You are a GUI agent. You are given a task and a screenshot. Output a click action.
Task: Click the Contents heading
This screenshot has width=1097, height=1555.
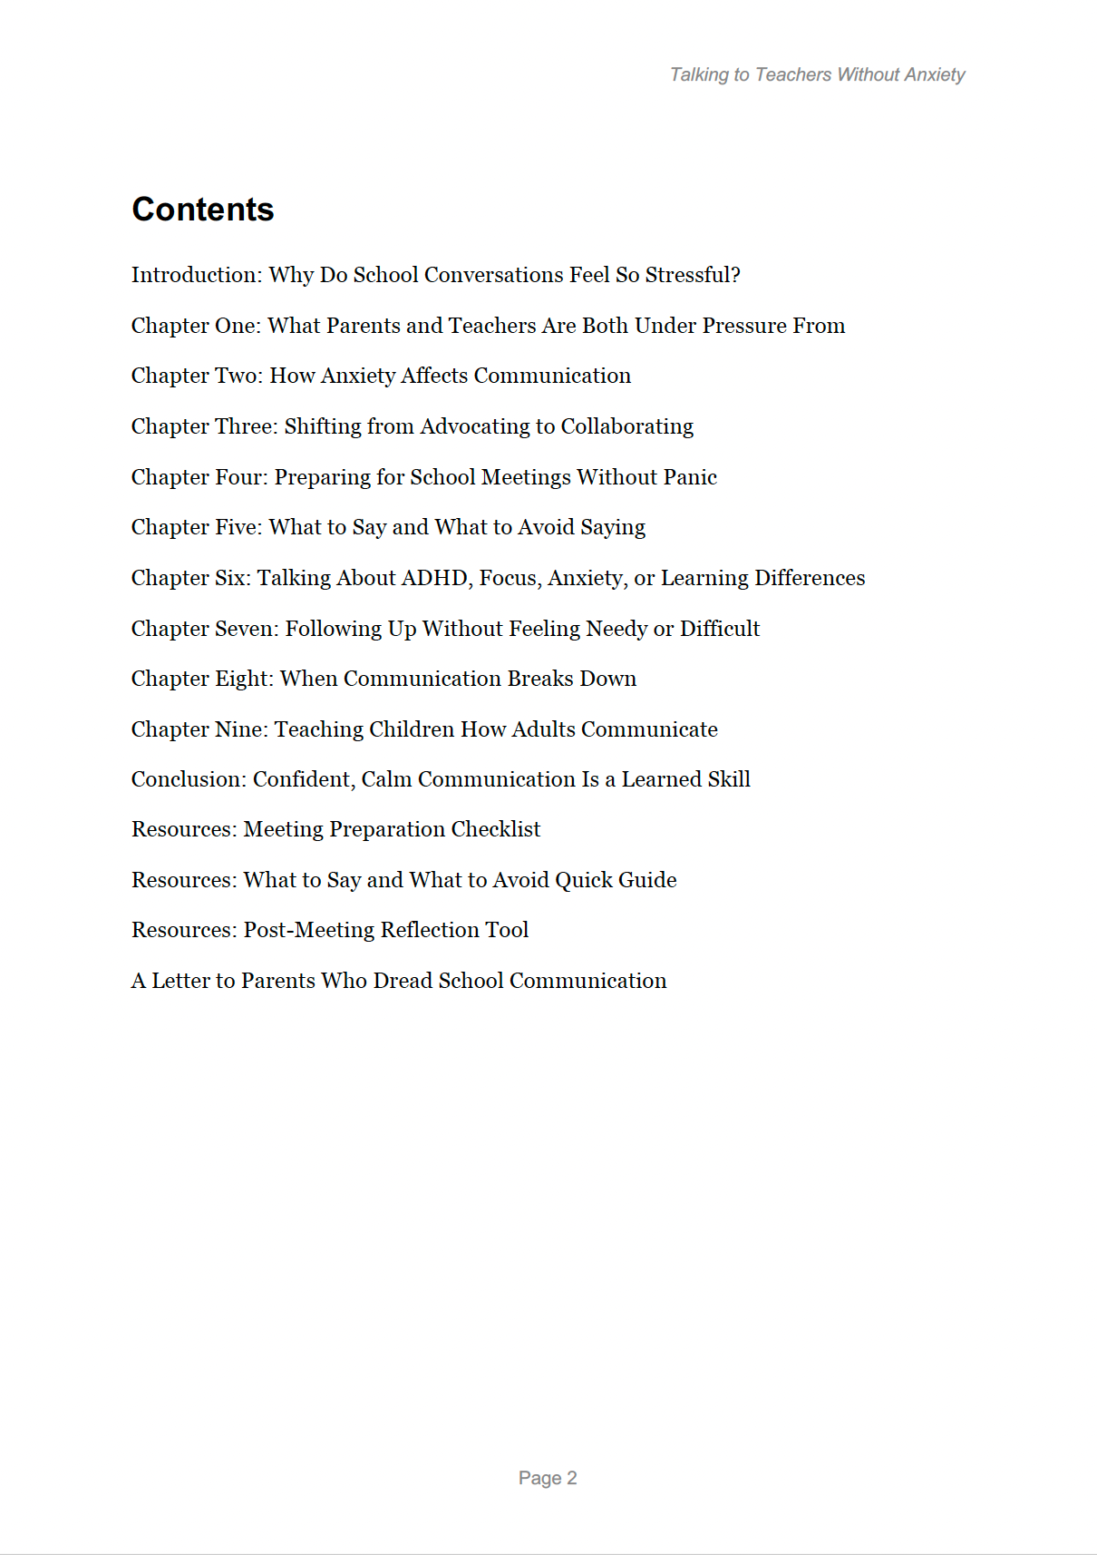click(x=203, y=210)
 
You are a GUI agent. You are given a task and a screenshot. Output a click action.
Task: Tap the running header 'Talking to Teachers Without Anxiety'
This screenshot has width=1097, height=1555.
click(x=817, y=74)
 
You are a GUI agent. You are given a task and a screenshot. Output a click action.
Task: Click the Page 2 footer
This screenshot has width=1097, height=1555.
click(x=548, y=1478)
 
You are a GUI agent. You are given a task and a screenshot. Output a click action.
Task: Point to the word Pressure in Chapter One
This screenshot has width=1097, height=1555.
click(x=744, y=326)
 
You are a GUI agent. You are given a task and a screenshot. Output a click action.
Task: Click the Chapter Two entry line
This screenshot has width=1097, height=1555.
click(x=381, y=376)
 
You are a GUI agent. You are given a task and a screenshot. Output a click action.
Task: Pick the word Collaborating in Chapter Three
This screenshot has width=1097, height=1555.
click(x=626, y=426)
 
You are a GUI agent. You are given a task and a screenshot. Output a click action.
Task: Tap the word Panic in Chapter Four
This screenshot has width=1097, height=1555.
click(x=692, y=477)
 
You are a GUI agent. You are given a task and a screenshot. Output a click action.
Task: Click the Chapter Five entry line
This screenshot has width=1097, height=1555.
click(x=388, y=527)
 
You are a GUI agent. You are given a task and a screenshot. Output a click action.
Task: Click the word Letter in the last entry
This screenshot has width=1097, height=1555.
click(x=180, y=981)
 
